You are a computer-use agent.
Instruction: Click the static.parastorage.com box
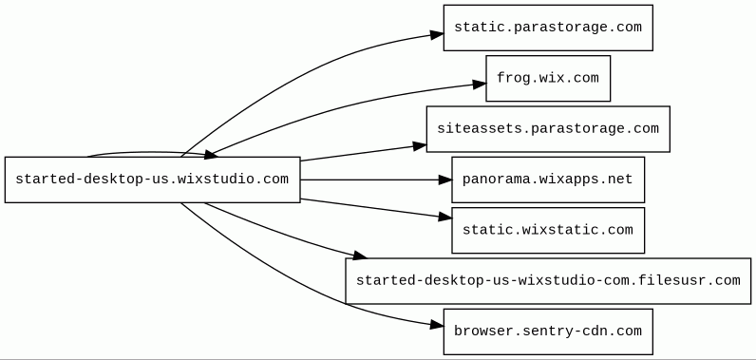548,28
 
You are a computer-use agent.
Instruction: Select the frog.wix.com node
548,78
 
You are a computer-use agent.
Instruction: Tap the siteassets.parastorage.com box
548,128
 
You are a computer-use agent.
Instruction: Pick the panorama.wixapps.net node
548,180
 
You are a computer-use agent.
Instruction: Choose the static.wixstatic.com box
548,231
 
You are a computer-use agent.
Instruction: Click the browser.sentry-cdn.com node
548,332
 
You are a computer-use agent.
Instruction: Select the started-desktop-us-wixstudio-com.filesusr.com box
548,281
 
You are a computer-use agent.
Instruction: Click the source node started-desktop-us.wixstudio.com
152,180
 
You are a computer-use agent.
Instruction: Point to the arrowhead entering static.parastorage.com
437,35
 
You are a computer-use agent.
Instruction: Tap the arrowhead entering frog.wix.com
480,85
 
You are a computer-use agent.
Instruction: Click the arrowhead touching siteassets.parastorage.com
420,145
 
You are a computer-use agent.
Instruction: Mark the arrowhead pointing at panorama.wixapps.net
445,180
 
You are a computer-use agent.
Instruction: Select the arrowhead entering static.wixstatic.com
445,218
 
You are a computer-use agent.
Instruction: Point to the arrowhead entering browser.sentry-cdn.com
437,325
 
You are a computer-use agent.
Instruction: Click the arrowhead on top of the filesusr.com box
360,256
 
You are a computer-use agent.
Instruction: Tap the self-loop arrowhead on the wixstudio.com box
211,155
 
